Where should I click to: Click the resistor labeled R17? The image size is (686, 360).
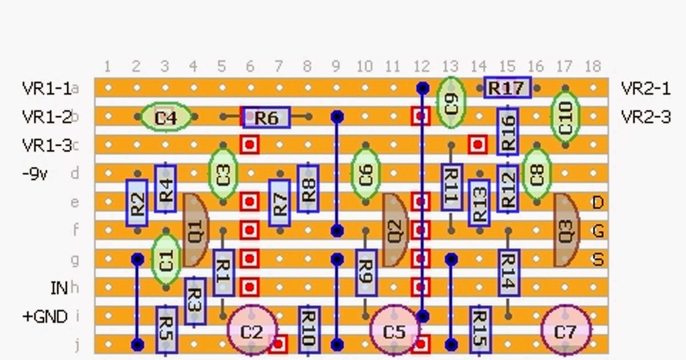[x=507, y=88]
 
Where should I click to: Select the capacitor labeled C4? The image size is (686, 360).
[x=165, y=118]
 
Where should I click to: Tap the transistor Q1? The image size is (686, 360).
[x=194, y=230]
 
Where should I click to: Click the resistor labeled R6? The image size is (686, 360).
[x=266, y=118]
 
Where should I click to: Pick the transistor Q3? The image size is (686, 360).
[x=565, y=230]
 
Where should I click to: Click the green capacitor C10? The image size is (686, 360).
[x=565, y=118]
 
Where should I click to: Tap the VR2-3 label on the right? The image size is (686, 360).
[x=645, y=117]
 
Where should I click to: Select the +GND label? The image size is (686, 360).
[x=45, y=317]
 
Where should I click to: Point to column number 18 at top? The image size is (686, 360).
[x=593, y=67]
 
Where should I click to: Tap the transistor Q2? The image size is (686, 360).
[x=394, y=230]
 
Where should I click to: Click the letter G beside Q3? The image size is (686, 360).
[x=598, y=231]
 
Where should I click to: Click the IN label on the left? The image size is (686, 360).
[x=59, y=288]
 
